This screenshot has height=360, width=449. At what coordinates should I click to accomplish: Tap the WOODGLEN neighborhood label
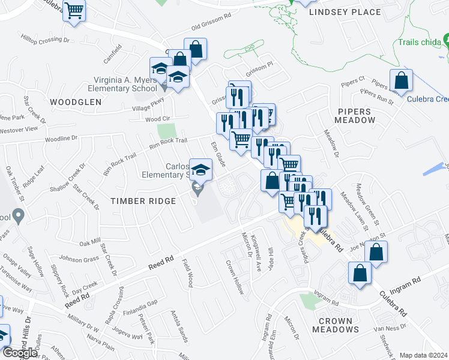tap(76, 102)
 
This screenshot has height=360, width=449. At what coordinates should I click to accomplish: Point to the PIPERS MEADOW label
tap(355, 116)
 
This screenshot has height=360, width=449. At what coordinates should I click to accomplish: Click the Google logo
tap(20, 353)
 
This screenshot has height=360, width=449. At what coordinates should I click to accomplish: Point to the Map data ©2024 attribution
tap(423, 355)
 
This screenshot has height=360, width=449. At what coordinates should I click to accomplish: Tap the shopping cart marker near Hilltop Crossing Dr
tap(74, 10)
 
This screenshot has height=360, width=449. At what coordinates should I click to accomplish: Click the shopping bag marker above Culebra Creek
tap(400, 80)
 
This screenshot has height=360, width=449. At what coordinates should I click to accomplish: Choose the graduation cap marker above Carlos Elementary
tap(200, 170)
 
